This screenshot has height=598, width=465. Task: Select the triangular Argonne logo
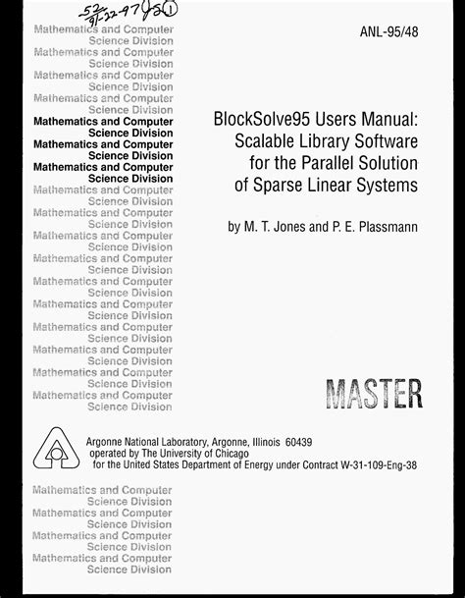click(57, 449)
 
